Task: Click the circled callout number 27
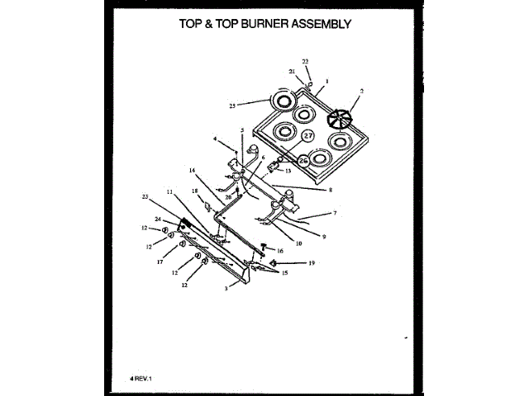307,135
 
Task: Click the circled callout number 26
303,160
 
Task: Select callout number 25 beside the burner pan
233,106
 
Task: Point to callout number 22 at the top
305,63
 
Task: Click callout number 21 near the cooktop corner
292,72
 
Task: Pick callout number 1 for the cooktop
327,82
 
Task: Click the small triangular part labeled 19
297,262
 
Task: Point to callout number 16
280,250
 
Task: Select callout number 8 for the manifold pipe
330,190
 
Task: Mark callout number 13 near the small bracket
289,171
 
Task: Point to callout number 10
298,243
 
